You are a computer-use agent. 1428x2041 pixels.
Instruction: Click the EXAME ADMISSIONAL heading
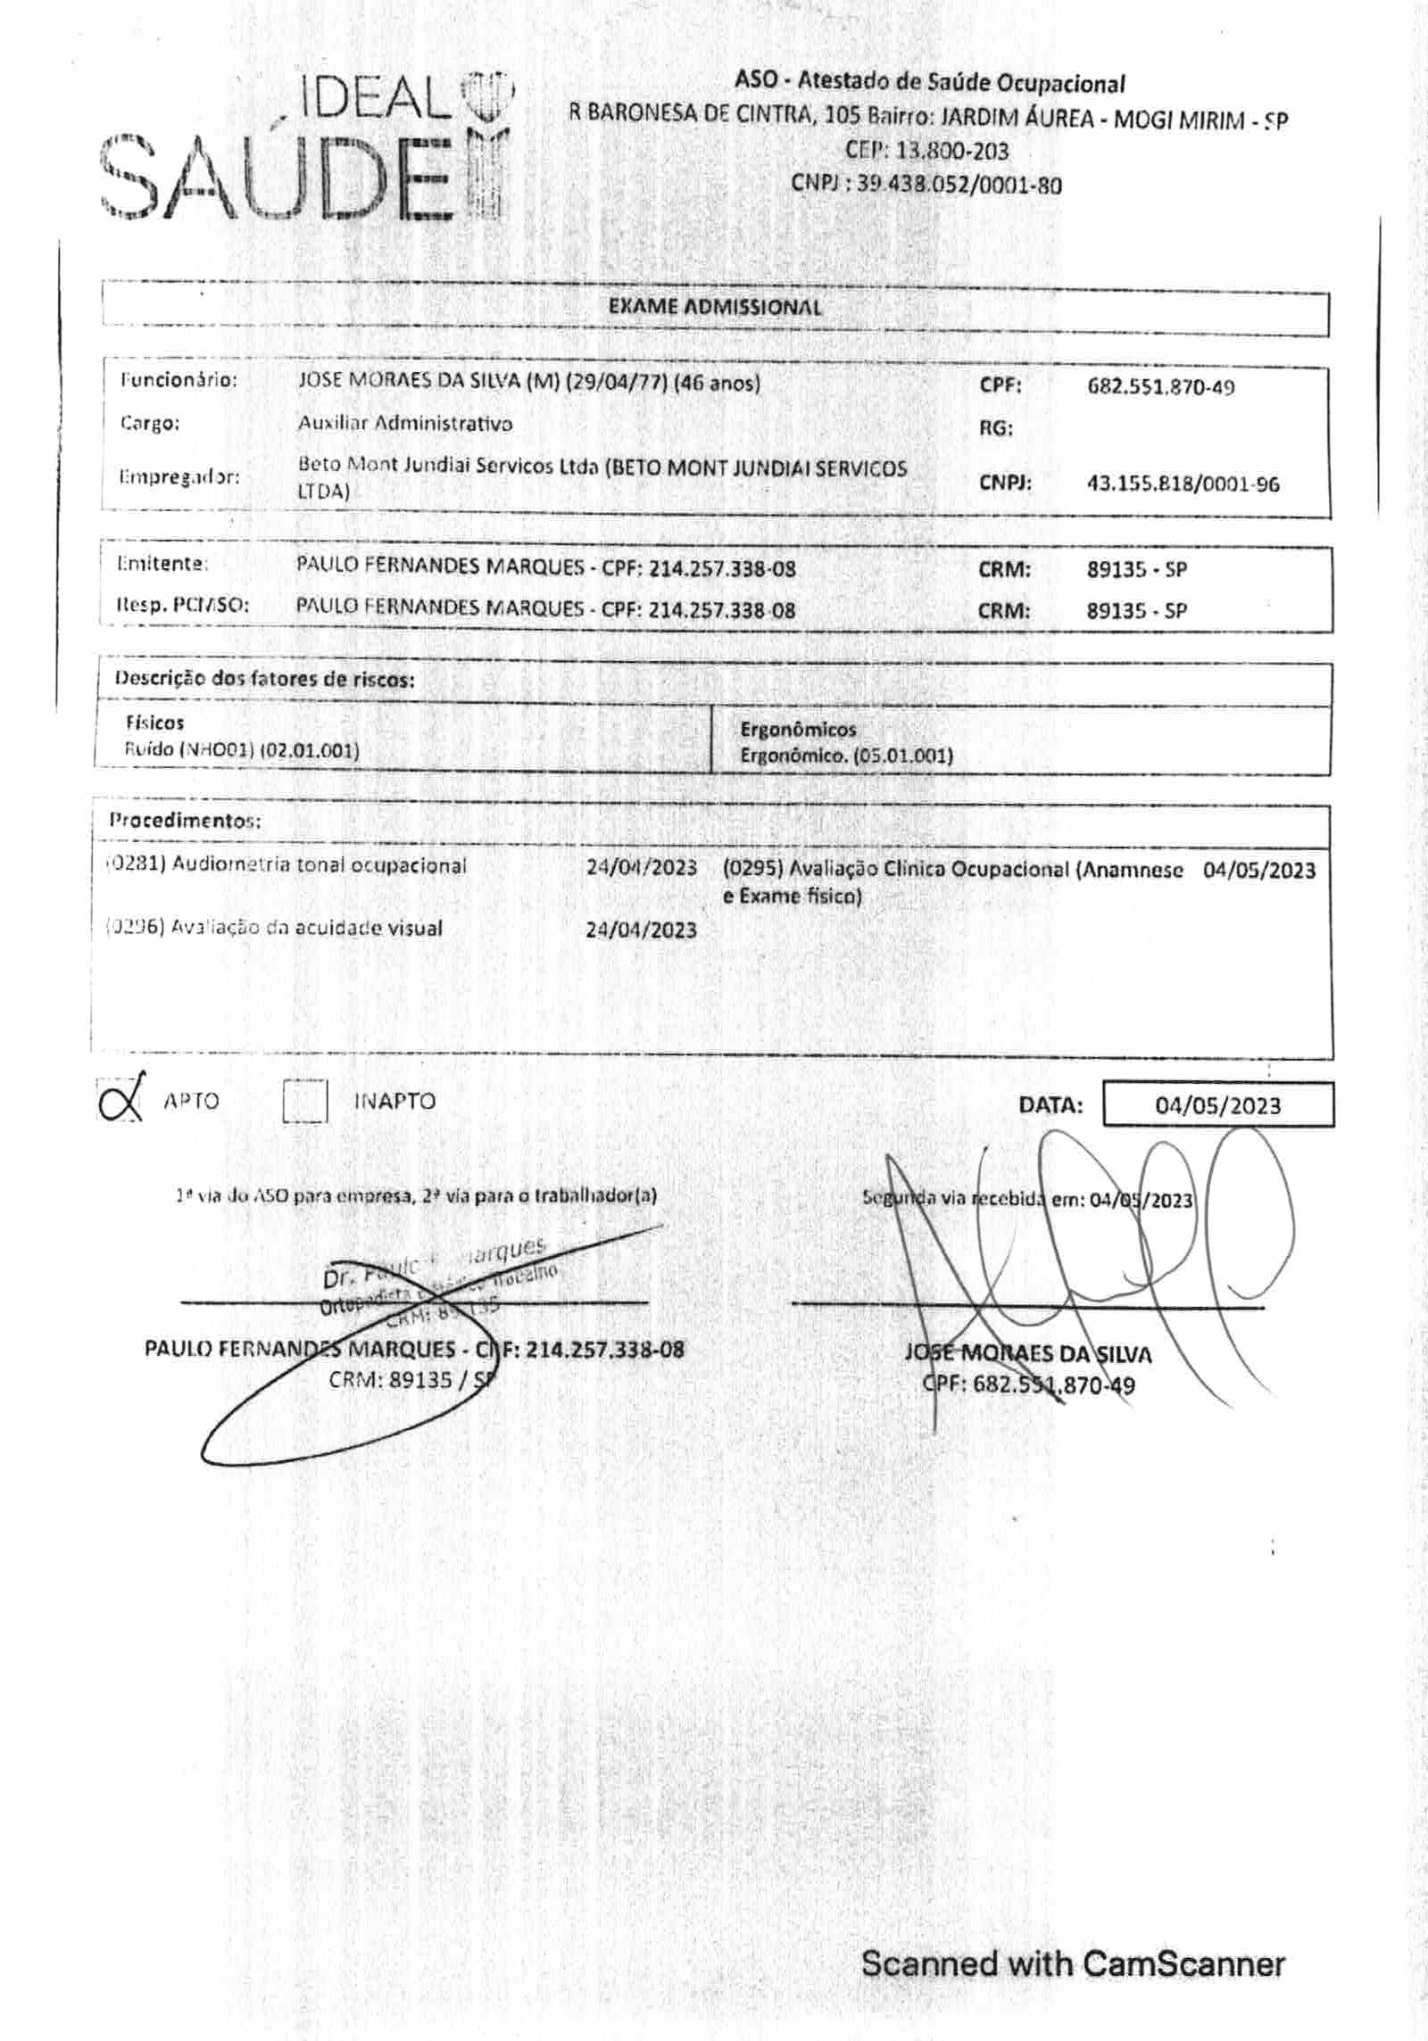point(714,308)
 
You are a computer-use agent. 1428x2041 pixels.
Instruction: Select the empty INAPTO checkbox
point(305,1101)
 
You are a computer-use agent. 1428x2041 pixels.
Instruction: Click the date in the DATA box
point(1217,1106)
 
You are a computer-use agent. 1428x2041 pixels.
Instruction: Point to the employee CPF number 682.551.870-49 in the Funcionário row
point(1160,387)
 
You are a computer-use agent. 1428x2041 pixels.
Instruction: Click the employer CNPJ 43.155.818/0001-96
point(1183,484)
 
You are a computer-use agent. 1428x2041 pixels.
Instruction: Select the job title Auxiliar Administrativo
point(405,424)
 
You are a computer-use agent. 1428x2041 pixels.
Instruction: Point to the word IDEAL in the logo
point(375,100)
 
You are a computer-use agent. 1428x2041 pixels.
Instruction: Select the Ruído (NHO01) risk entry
point(242,750)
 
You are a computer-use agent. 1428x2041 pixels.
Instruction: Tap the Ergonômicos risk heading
point(798,730)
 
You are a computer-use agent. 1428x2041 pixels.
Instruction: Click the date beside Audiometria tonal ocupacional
point(641,868)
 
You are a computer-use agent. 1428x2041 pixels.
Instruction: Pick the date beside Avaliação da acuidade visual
point(641,930)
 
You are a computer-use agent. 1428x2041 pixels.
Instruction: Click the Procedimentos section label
point(185,820)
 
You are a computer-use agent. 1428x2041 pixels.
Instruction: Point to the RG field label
point(996,428)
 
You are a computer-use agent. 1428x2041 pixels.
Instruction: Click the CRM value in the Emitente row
point(1136,569)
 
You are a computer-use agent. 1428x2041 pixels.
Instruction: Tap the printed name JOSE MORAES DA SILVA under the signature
point(1027,1354)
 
